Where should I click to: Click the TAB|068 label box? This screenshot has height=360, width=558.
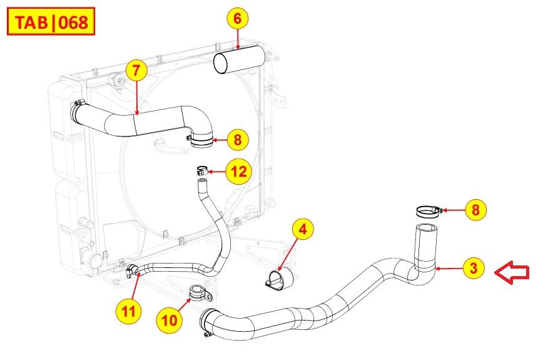point(51,22)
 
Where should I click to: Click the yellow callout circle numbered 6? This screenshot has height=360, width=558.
point(238,18)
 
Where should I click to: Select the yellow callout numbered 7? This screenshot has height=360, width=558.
point(136,70)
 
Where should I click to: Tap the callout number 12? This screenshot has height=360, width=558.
point(239,172)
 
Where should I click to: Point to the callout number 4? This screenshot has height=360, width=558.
point(303,229)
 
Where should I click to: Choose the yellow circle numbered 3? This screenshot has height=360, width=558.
point(474,268)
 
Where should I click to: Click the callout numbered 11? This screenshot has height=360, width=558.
point(128,312)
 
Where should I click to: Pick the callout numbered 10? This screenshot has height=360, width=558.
point(169,320)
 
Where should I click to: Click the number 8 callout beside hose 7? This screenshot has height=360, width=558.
point(238,140)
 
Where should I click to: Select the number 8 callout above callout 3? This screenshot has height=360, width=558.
point(476,210)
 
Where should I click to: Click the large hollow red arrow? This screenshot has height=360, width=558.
point(512,272)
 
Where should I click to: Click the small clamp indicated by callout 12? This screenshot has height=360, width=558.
point(202,170)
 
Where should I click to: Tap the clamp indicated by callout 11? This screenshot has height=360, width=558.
point(131,270)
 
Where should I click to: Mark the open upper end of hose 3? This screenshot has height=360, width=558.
point(427,228)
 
